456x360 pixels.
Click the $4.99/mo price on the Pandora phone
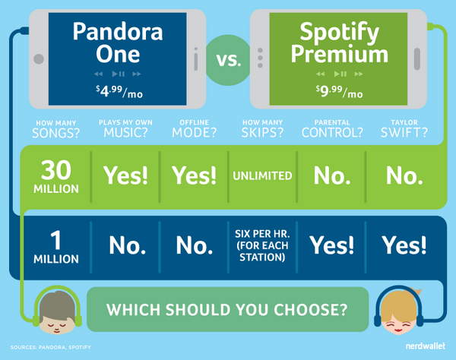click(x=119, y=92)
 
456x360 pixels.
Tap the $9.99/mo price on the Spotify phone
click(x=340, y=92)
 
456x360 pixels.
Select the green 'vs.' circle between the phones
click(x=228, y=60)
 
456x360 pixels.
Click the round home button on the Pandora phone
click(x=39, y=59)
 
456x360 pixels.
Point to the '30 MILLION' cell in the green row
click(x=56, y=177)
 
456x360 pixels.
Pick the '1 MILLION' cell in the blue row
click(x=56, y=247)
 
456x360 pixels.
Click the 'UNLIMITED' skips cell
click(x=262, y=175)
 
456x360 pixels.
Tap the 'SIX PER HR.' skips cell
click(x=262, y=245)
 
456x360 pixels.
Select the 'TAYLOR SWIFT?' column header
click(x=404, y=128)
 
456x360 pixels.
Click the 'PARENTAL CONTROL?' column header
click(x=332, y=128)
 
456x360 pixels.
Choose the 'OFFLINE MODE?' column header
click(x=195, y=128)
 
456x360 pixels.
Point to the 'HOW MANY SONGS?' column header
click(x=55, y=129)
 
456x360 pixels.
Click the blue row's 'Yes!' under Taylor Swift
click(x=404, y=245)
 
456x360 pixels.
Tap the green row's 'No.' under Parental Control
click(x=332, y=176)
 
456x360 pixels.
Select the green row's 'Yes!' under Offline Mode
click(x=195, y=175)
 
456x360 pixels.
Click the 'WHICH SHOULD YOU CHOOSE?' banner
click(x=227, y=309)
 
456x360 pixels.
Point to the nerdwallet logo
click(x=425, y=346)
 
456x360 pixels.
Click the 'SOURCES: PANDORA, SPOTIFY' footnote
click(x=51, y=347)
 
